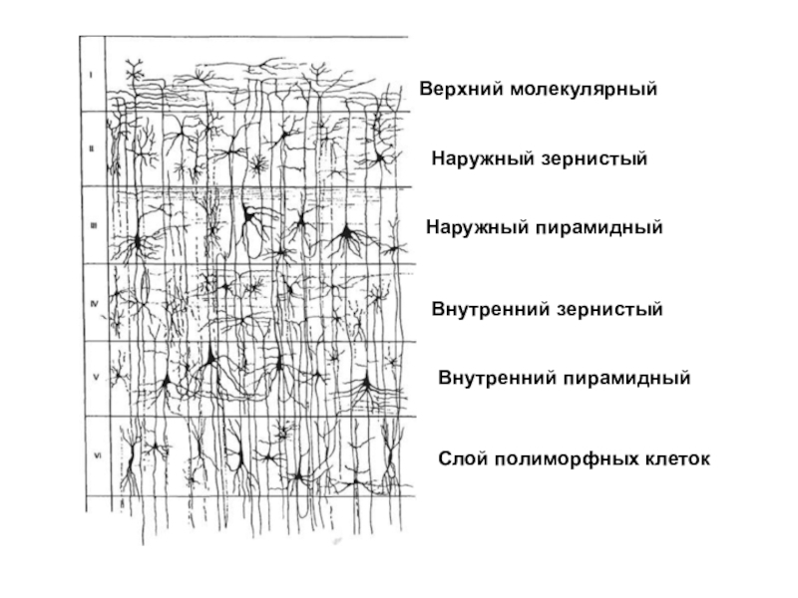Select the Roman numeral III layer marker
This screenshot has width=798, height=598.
pyautogui.click(x=91, y=225)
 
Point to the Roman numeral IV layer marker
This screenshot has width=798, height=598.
pyautogui.click(x=92, y=303)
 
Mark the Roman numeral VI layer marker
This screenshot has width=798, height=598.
pyautogui.click(x=93, y=455)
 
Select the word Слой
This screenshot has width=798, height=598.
pyautogui.click(x=462, y=460)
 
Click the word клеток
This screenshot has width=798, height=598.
pyautogui.click(x=676, y=460)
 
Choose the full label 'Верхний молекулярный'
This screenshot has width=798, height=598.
pyautogui.click(x=538, y=91)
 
